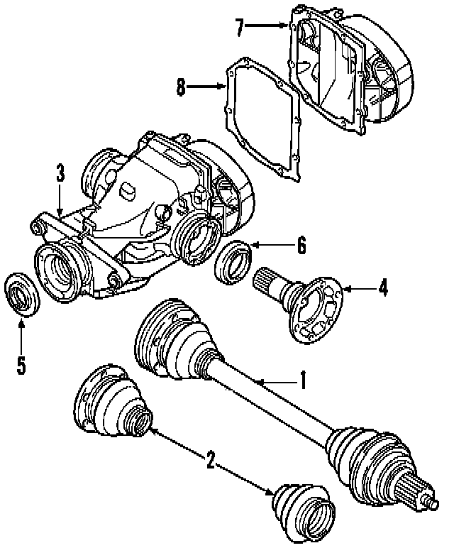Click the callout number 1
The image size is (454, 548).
302,380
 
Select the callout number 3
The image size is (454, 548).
60,172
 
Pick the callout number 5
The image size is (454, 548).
21,365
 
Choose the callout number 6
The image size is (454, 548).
301,246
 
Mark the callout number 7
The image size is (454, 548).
240,28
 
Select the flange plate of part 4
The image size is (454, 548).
318,311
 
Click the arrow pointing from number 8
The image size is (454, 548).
206,88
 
